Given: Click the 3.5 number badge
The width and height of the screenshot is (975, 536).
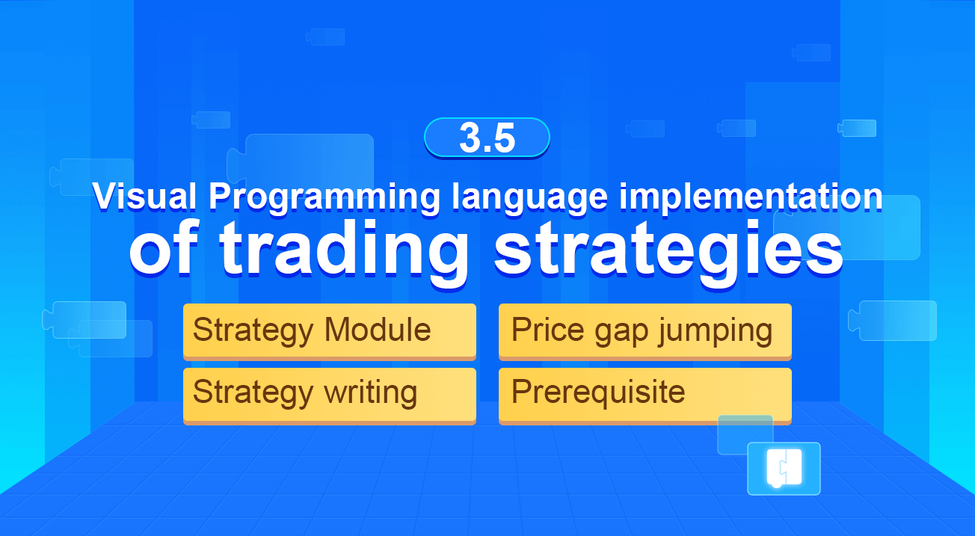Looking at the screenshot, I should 487,138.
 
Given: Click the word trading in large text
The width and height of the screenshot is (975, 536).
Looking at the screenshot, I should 344,248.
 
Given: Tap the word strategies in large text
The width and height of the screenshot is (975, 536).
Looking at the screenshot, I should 668,248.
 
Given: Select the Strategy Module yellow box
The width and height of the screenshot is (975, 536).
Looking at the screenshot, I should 329,330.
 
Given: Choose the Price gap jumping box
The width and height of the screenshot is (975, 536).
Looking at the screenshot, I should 645,330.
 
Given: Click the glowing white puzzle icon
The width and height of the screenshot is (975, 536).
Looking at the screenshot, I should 784,469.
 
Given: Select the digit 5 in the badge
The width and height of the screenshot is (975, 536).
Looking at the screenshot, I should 504,138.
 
